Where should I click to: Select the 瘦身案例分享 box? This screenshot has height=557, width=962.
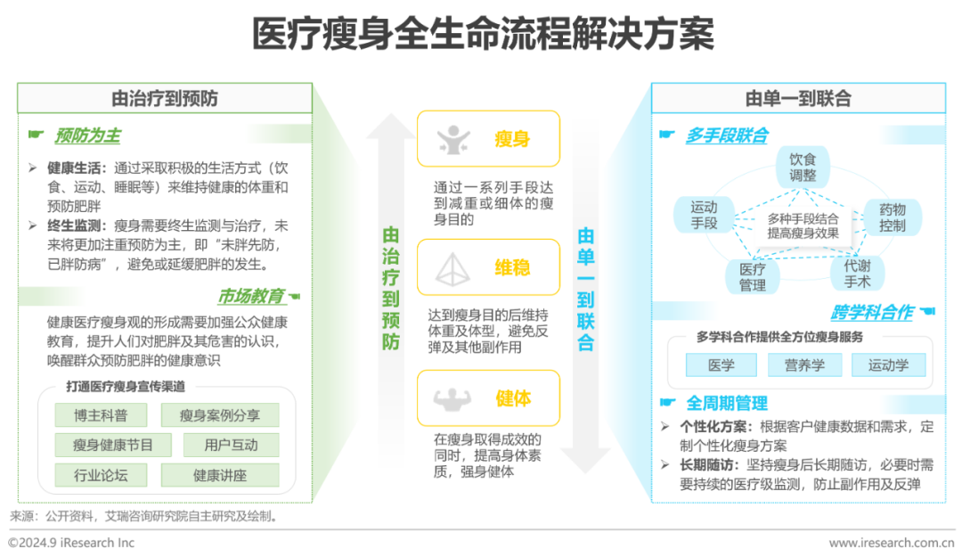tap(219, 414)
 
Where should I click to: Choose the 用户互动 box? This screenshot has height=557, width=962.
tap(231, 444)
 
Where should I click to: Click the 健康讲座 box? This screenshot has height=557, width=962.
tap(219, 474)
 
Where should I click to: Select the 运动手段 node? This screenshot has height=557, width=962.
tap(704, 216)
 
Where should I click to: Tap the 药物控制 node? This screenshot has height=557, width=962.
tap(892, 217)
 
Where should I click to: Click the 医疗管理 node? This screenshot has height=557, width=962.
tap(753, 275)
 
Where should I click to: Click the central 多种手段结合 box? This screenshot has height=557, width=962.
tap(803, 225)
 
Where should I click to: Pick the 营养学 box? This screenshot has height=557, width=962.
tap(804, 364)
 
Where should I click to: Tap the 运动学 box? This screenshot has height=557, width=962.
tap(888, 364)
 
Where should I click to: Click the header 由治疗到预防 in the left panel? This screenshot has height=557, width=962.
tap(164, 98)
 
